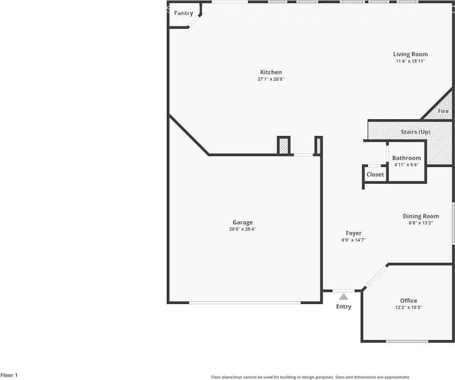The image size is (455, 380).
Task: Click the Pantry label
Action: click(x=183, y=13)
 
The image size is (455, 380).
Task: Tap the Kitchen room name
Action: click(x=271, y=72)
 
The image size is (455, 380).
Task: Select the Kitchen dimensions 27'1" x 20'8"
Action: click(x=271, y=79)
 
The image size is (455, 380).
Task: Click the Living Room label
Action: click(x=410, y=54)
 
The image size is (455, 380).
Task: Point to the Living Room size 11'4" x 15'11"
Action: click(x=410, y=61)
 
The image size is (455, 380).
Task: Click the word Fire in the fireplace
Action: click(x=443, y=111)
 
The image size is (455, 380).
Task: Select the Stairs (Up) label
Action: click(x=416, y=132)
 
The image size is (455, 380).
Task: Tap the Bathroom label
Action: click(x=406, y=158)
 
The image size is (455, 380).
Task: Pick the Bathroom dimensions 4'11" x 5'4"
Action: click(x=406, y=165)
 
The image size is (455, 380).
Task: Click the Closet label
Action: click(x=375, y=175)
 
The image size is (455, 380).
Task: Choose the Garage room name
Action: click(x=243, y=222)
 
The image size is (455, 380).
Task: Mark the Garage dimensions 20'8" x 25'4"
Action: click(x=243, y=229)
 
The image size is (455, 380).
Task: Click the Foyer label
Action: click(x=354, y=233)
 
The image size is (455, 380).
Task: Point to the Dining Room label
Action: click(x=421, y=216)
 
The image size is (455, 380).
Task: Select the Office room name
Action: click(x=408, y=300)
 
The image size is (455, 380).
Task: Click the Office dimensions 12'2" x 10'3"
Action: click(x=408, y=307)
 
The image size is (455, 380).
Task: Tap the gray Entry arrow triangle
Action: click(x=344, y=297)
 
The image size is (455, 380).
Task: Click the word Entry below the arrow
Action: click(x=344, y=306)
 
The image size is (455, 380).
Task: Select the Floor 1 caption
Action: click(x=9, y=375)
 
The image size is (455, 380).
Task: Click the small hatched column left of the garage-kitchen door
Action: click(x=284, y=146)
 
